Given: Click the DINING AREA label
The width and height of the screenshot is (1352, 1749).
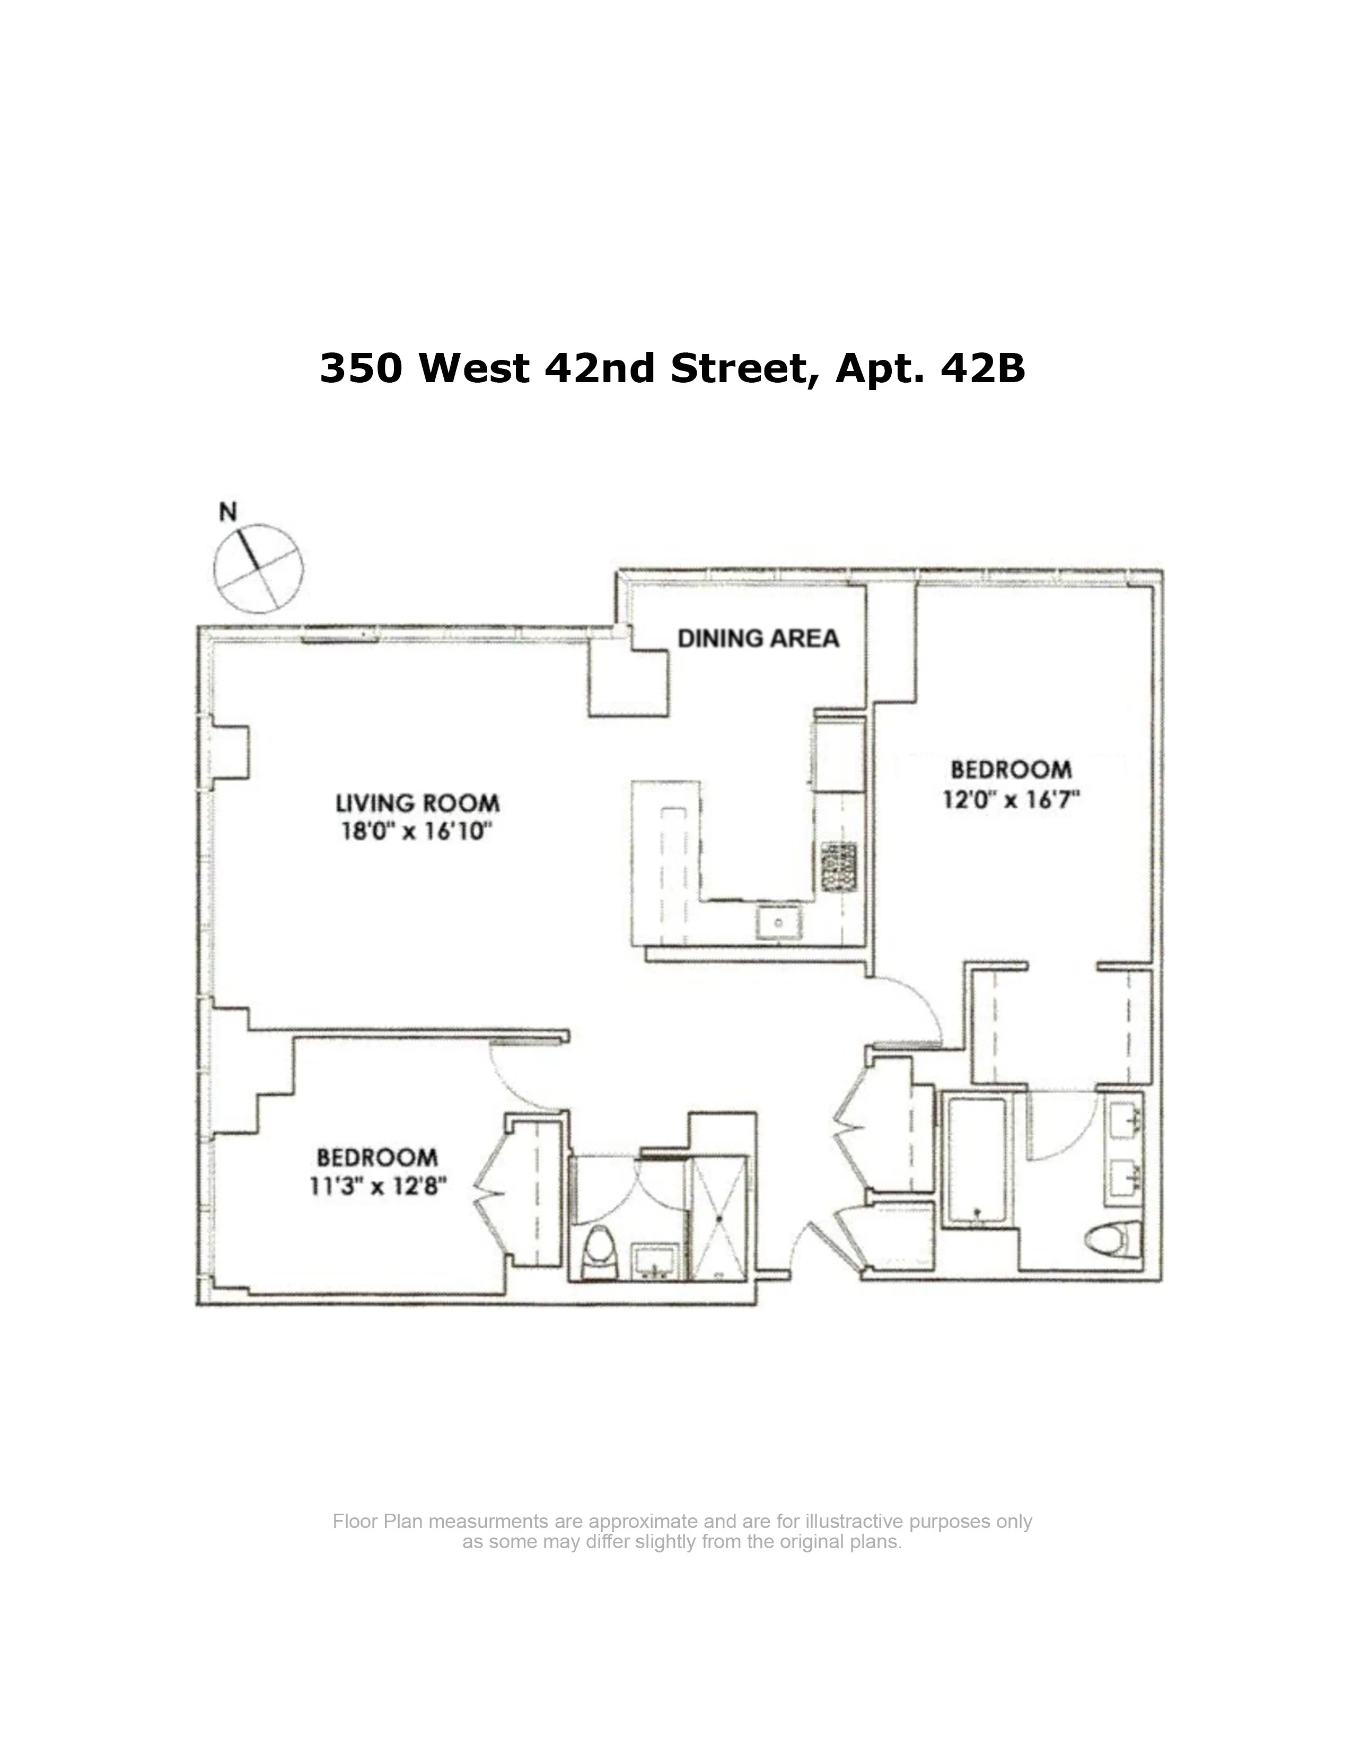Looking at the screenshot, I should tap(758, 638).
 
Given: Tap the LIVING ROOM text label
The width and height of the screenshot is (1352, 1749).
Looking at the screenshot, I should tap(417, 802).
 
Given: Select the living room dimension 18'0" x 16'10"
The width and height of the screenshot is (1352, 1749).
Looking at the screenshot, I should tap(416, 831).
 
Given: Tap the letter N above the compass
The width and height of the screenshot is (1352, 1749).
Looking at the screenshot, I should tap(229, 512).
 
